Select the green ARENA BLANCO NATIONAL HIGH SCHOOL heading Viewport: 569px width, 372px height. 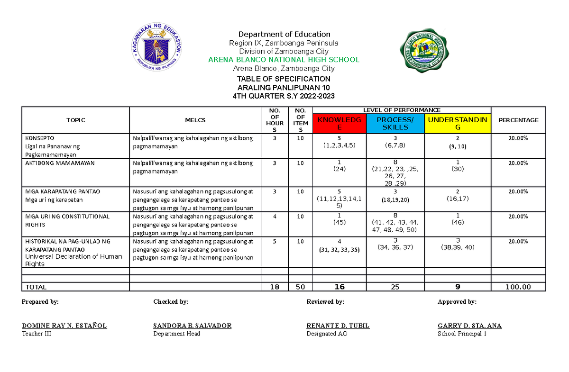pos(284,60)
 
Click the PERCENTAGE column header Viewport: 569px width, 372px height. pos(518,120)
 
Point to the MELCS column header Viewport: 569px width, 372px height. pos(195,120)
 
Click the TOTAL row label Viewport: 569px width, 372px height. pos(36,287)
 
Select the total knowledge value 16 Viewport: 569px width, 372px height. pos(339,287)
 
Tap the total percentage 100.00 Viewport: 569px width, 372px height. pos(518,287)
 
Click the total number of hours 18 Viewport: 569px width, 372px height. pos(275,287)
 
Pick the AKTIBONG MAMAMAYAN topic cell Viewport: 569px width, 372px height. pos(60,163)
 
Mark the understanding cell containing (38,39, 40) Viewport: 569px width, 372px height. pos(457,247)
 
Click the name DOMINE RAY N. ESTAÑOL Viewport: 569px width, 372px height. pos(64,326)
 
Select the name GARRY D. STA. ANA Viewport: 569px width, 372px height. pos(469,326)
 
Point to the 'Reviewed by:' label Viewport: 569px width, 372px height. pos(325,302)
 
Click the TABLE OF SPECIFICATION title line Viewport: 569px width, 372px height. pos(284,79)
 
